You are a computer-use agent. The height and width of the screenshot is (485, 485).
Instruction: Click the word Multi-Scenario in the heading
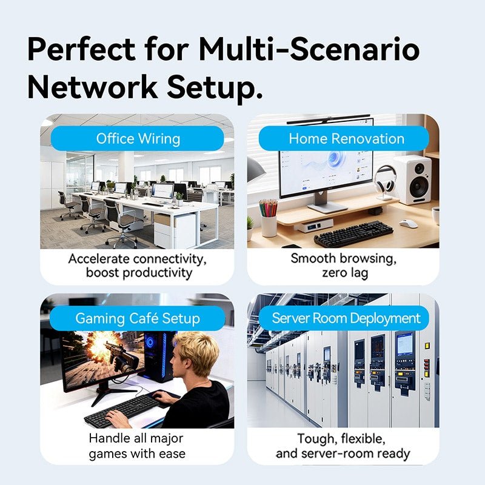(309, 50)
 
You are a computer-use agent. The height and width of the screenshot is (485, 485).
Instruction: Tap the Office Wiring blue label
(138, 139)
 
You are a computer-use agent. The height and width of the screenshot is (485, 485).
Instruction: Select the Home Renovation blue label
(344, 139)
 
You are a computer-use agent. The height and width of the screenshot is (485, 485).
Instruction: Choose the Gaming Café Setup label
(138, 318)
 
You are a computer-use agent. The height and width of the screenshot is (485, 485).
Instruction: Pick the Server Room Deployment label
(344, 318)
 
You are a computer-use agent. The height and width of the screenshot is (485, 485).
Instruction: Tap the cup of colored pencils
(268, 218)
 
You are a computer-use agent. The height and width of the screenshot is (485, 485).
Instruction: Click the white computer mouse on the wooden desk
(408, 223)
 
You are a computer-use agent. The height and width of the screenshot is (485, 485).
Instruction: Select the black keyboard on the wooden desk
(353, 234)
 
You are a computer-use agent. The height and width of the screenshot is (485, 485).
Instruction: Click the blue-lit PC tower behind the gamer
(157, 356)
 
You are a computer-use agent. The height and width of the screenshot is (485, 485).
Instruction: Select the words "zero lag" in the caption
(345, 273)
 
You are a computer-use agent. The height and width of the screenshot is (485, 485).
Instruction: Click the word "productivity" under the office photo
(157, 273)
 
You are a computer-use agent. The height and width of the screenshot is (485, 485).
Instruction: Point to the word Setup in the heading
(215, 88)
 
